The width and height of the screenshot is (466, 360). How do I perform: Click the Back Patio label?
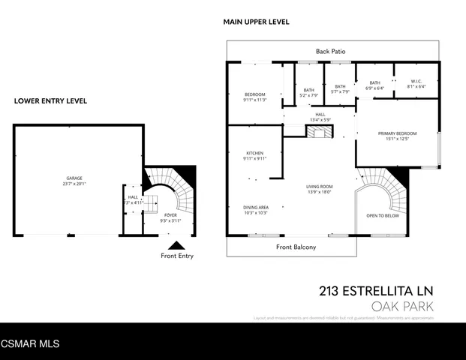coord(330,51)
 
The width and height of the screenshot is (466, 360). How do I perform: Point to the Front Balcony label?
coord(295,247)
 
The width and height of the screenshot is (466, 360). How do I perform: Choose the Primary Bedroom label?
coord(396,136)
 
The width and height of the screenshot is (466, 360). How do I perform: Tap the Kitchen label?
coord(254,155)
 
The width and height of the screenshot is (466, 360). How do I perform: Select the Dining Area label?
coord(254,210)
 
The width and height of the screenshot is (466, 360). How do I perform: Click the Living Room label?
coord(320,189)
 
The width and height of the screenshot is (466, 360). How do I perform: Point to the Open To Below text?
coord(382,216)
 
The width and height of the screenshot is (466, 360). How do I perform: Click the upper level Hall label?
coord(320,117)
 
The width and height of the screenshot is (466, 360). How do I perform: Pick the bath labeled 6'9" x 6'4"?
coord(374,85)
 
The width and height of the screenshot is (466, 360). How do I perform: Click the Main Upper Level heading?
coord(256,22)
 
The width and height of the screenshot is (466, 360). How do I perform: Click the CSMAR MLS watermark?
coord(30,343)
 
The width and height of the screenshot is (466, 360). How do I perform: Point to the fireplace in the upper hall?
coord(318,132)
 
